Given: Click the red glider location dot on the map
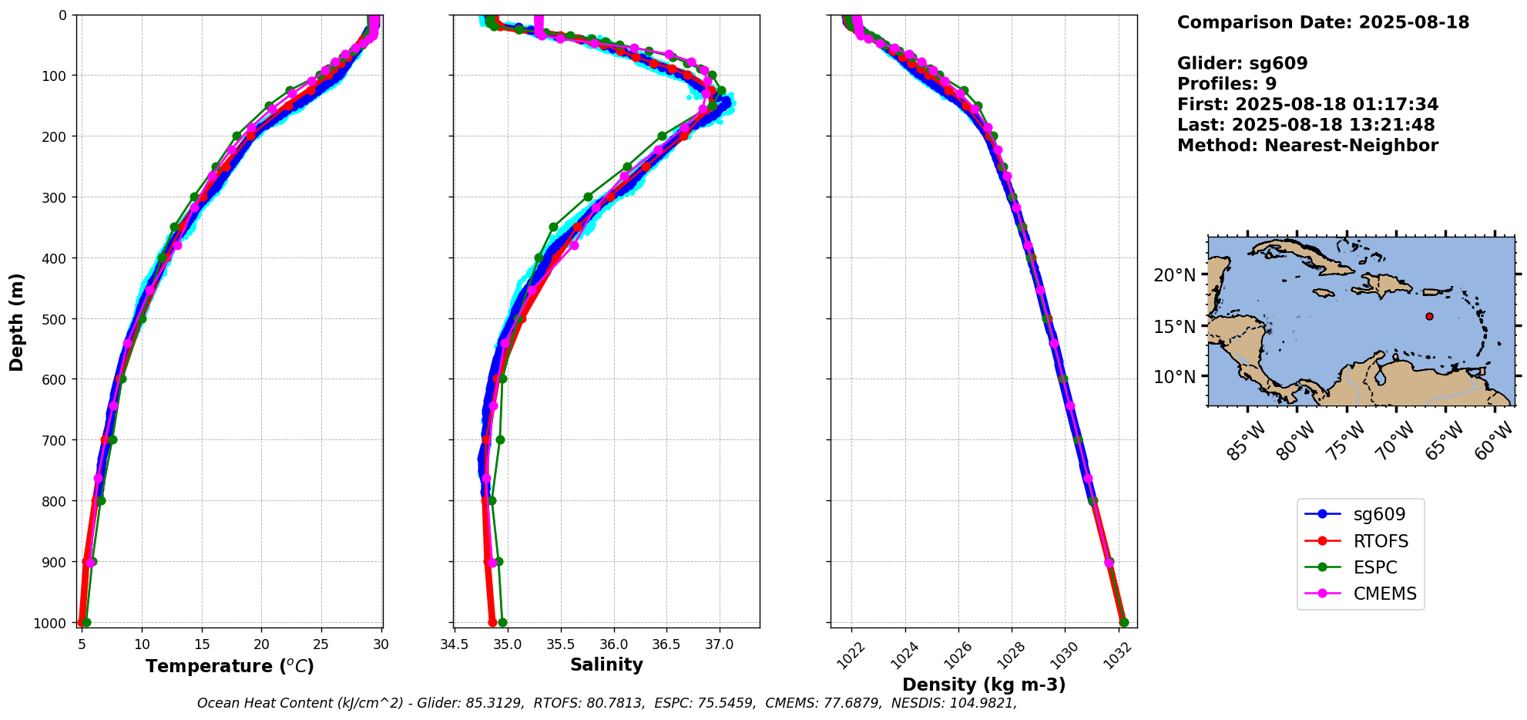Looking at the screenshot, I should click(1429, 316).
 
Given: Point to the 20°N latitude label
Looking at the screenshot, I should click(1175, 275).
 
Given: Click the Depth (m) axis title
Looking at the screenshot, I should click(16, 321).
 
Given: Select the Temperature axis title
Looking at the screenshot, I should click(230, 666).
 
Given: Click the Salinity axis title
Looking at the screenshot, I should click(606, 664).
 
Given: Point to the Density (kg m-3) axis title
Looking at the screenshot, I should click(984, 685).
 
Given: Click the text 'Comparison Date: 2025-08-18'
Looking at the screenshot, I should click(1323, 22).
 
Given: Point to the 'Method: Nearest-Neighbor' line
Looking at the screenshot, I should click(1307, 146).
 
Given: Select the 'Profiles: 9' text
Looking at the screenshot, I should click(1227, 84).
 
